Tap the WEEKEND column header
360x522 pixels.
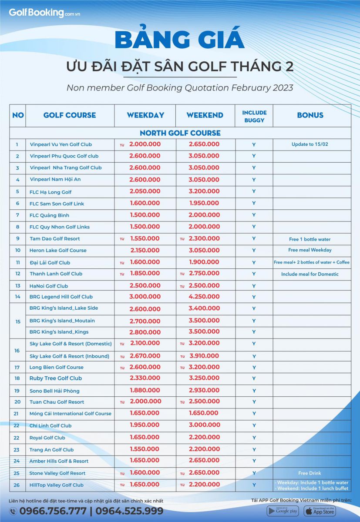pos(205,115)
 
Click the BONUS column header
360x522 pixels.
pos(310,115)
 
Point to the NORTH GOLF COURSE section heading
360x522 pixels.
pos(180,133)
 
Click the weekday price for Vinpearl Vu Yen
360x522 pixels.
pos(145,144)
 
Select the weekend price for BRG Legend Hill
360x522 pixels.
pos(204,297)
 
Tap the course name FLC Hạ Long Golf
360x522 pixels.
pos(50,192)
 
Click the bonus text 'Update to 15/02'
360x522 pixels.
pos(310,144)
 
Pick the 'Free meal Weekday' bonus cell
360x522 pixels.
pos(310,250)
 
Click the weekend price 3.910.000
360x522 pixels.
pos(204,356)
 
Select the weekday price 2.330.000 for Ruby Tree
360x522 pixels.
pos(145,378)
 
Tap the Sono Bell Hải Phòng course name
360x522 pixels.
pos(54,391)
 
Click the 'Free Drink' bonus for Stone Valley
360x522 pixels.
pos(310,473)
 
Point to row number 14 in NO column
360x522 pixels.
pos(17,297)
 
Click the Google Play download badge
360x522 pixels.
pos(283,511)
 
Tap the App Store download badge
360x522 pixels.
pos(320,511)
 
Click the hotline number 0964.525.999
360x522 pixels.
pos(129,511)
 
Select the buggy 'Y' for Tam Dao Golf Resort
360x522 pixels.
pos(254,238)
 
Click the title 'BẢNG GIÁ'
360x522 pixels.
pos(180,40)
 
